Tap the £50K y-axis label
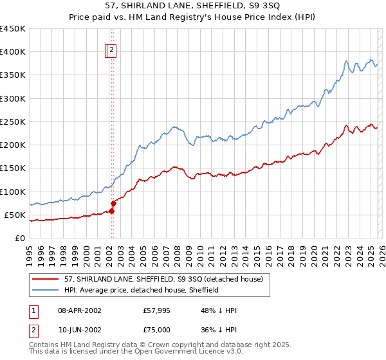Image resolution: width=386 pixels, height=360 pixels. pyautogui.click(x=15, y=215)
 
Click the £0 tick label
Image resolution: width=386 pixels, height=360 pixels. pyautogui.click(x=20, y=238)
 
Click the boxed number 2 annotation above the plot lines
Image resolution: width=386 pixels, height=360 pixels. pyautogui.click(x=111, y=49)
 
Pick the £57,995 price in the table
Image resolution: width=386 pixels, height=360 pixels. pyautogui.click(x=157, y=310)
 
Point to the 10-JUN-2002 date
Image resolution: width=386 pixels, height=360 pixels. pyautogui.click(x=79, y=329)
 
